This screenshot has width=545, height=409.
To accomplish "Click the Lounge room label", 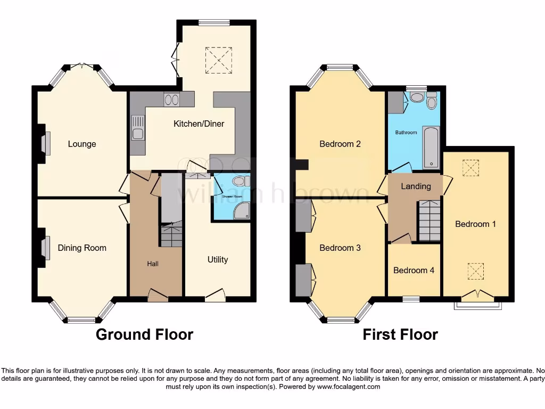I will (82, 144).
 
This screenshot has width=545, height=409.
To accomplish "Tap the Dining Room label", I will (82, 248).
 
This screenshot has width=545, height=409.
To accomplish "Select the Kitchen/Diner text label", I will (199, 124).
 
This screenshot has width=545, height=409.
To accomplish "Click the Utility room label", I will (218, 259).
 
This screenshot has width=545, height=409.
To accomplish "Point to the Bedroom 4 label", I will (414, 270).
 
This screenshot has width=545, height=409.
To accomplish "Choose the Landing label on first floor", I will (416, 186).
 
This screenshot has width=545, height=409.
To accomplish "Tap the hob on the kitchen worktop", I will (171, 99).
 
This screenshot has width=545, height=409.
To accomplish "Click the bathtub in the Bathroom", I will (431, 147).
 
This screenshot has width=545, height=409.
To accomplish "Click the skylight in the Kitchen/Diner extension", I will (219, 59).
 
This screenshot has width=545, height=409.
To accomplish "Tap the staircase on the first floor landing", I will (429, 220).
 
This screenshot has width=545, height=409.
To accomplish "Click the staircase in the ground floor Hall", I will (171, 235).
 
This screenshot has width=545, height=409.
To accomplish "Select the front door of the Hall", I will (157, 295).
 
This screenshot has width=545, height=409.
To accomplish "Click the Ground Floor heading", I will (144, 334).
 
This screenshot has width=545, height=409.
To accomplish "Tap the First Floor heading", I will (400, 334).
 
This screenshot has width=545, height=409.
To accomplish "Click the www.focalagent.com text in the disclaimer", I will (349, 387).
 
